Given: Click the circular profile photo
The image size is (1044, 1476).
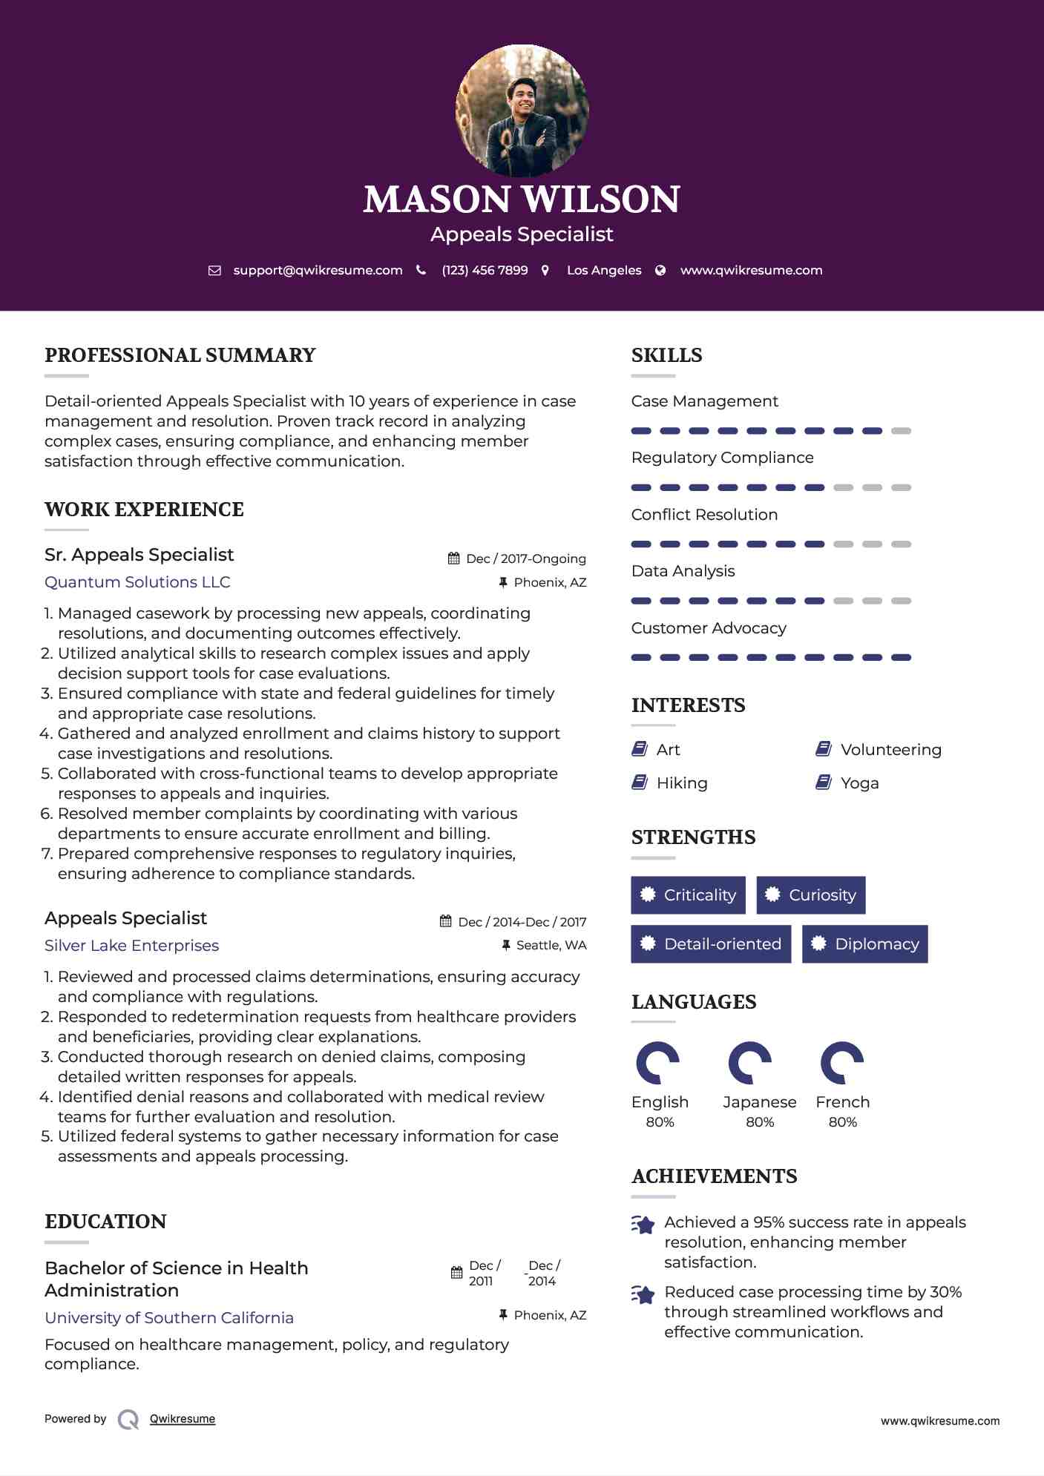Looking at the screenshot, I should [x=522, y=111].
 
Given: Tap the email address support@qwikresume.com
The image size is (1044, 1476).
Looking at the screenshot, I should [x=318, y=271].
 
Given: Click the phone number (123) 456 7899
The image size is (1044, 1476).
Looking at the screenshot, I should [x=485, y=271].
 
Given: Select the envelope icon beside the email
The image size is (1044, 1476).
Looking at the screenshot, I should [x=214, y=271].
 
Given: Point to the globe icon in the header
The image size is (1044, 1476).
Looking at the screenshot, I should [x=660, y=271].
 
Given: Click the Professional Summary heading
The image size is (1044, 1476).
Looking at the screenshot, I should [x=180, y=355].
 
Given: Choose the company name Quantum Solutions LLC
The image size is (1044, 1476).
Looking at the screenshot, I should [x=137, y=582].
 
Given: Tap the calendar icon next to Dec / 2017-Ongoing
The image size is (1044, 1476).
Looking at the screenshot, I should [x=454, y=559].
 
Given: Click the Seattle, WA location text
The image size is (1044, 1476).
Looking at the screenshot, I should [x=551, y=945].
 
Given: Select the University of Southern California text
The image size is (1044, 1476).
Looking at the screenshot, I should [x=169, y=1318].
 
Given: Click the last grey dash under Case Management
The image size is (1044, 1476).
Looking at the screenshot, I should [x=901, y=431].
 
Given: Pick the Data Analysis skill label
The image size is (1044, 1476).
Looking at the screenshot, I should [x=683, y=571].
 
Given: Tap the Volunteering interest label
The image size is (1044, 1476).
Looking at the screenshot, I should [x=890, y=750].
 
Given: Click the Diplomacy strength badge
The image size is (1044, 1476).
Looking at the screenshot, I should [x=865, y=944].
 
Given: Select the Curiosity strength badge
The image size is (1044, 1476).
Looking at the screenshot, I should [x=811, y=895].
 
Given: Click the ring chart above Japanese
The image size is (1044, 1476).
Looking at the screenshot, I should [x=750, y=1063].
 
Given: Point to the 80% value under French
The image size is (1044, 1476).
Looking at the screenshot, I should [x=843, y=1122].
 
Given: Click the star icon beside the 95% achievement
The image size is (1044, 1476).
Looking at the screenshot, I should [x=643, y=1225].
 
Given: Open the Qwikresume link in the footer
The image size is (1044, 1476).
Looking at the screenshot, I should [x=183, y=1419].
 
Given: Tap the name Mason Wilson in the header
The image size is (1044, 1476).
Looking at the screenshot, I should [x=522, y=200].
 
